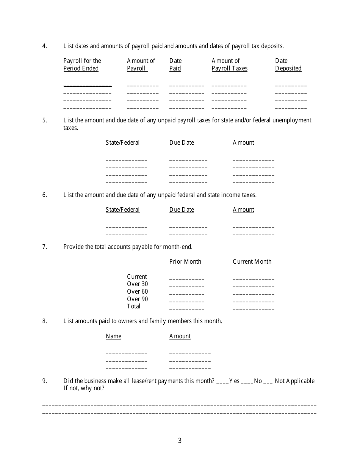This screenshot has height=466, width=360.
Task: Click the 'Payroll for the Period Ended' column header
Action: [x=82, y=64]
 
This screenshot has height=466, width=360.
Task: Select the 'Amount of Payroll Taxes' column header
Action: [x=229, y=64]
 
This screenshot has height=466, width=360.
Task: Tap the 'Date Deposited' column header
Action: [x=288, y=64]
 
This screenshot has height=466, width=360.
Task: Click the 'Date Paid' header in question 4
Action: [x=175, y=64]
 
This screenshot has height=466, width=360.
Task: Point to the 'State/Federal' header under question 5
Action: [x=122, y=143]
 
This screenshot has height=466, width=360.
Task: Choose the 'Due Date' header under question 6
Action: [x=182, y=210]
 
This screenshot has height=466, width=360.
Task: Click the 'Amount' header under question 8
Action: [x=180, y=336]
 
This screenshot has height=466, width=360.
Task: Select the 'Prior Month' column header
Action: [x=185, y=262]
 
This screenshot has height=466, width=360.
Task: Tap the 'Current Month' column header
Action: [x=252, y=262]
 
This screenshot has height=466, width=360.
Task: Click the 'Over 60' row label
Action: [x=137, y=292]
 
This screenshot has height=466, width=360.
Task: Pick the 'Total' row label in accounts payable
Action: [x=133, y=306]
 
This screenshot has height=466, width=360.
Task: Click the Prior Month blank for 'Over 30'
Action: [x=186, y=286]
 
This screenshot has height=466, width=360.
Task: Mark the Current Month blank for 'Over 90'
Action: [x=253, y=301]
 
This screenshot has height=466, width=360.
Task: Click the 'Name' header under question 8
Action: [x=113, y=336]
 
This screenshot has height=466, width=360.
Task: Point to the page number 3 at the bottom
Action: [x=180, y=441]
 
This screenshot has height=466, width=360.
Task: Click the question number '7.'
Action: [x=45, y=247]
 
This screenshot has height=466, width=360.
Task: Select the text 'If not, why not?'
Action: [x=84, y=388]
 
